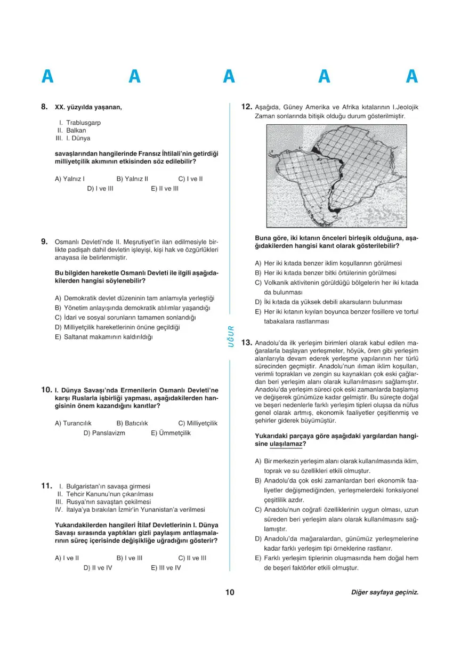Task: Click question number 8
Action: tap(45, 107)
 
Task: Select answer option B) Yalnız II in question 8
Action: tap(132, 179)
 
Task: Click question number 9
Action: tap(45, 242)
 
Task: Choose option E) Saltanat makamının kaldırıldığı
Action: tap(104, 337)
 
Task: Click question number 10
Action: tap(46, 390)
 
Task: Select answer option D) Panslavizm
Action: tap(104, 433)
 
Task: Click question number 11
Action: tap(46, 486)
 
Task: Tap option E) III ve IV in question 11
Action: tap(166, 568)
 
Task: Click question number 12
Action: tap(246, 107)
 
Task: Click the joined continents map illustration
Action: tap(336, 175)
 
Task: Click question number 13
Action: tap(246, 342)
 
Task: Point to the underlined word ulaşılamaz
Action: tap(286, 444)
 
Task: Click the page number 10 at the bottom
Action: tap(230, 592)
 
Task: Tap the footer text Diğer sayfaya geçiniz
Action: tap(385, 593)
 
